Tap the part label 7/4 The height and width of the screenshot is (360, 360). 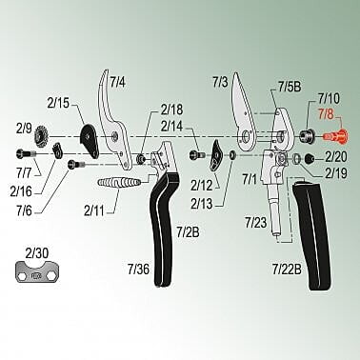click(x=117, y=84)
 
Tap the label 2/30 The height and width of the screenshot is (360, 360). click(x=35, y=253)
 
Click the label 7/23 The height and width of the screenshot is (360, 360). click(x=255, y=222)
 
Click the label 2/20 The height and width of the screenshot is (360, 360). click(x=336, y=156)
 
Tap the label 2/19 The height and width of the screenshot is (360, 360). click(x=336, y=173)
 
